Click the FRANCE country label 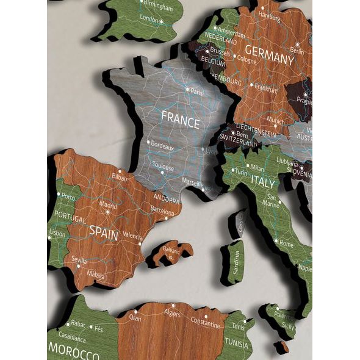point(180,121)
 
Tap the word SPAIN point(104,231)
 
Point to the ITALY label point(264,181)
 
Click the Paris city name point(196,91)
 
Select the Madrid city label point(108,206)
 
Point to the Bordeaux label point(162,147)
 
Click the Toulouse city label point(164,168)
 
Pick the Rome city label point(286,243)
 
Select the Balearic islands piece point(171,251)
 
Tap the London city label point(149,19)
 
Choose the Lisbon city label point(57,234)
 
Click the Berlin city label point(297,51)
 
